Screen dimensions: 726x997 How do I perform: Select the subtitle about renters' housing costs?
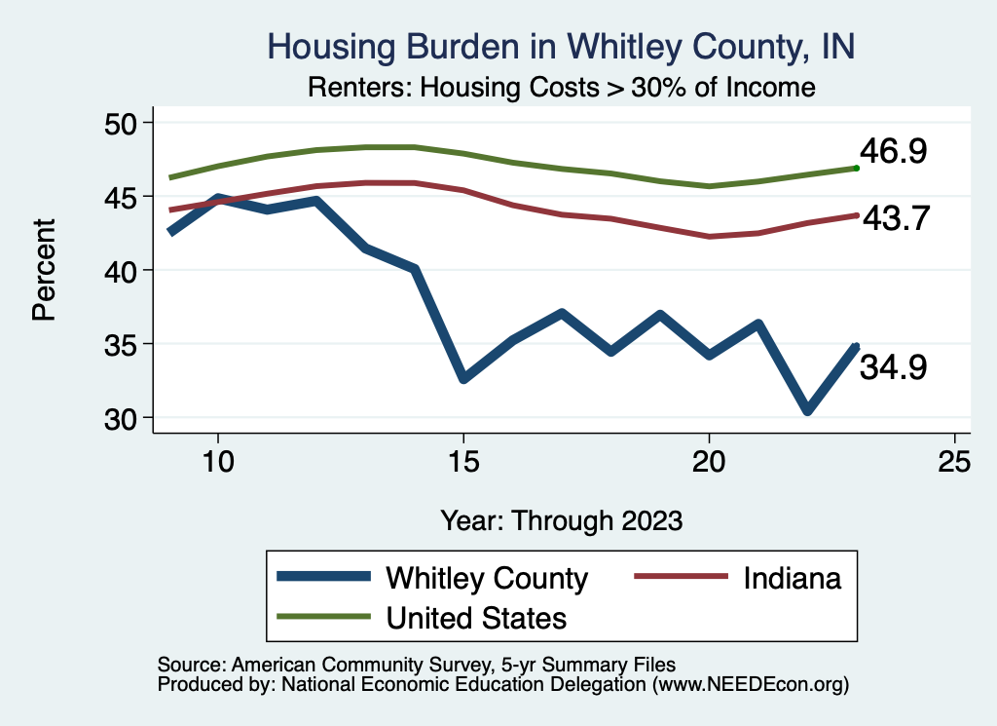pos(560,88)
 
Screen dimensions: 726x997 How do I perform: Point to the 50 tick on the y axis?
pos(125,123)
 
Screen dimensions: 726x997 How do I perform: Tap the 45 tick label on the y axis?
pos(125,197)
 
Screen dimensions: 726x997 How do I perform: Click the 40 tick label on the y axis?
pos(125,270)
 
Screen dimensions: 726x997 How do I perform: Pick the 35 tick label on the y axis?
pos(125,344)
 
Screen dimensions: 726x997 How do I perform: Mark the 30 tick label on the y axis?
pos(125,418)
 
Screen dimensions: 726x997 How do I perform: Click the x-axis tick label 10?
pos(217,462)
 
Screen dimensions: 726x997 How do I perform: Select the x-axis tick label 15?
pos(463,462)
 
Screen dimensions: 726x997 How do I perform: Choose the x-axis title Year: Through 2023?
pos(561,519)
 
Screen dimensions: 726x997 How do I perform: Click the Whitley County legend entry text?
pos(487,578)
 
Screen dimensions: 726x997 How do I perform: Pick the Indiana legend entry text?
pos(792,578)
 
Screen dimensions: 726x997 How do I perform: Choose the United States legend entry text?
pos(477,617)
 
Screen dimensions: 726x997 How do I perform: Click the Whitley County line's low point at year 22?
pos(807,410)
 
